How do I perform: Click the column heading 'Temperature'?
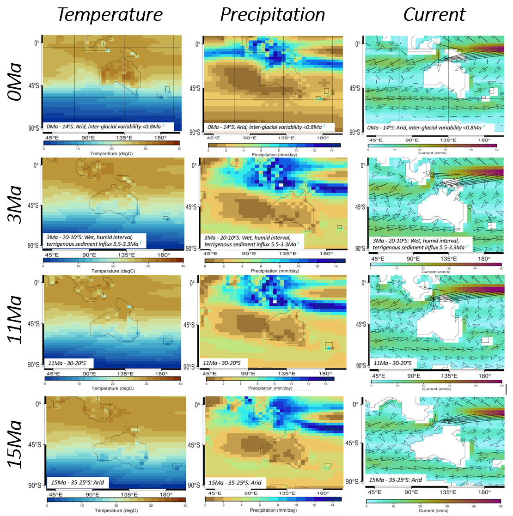[x=110, y=15]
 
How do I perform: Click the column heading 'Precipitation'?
[x=272, y=15]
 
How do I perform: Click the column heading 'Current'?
[x=434, y=15]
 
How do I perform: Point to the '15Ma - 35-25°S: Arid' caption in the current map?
[x=395, y=480]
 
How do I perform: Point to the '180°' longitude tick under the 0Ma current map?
[x=484, y=140]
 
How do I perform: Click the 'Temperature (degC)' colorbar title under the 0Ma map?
[x=111, y=153]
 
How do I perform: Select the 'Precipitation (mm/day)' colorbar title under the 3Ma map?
[x=275, y=271]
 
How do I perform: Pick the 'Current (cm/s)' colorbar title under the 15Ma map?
[x=433, y=510]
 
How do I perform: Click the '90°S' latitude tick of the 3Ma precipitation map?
[x=192, y=249]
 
